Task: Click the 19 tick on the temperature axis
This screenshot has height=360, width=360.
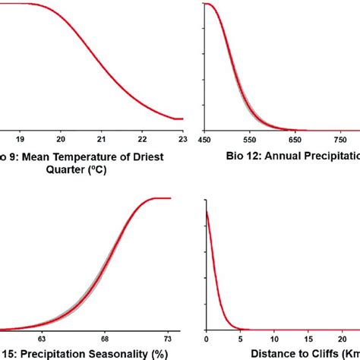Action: pyautogui.click(x=20, y=139)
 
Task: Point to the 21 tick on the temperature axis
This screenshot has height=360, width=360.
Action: pyautogui.click(x=101, y=139)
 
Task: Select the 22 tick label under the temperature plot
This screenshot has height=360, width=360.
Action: pyautogui.click(x=142, y=139)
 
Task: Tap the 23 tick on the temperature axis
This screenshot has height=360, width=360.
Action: pyautogui.click(x=182, y=139)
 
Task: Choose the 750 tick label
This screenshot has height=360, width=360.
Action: pyautogui.click(x=343, y=139)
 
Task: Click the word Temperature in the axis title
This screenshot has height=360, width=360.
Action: pyautogui.click(x=79, y=157)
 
